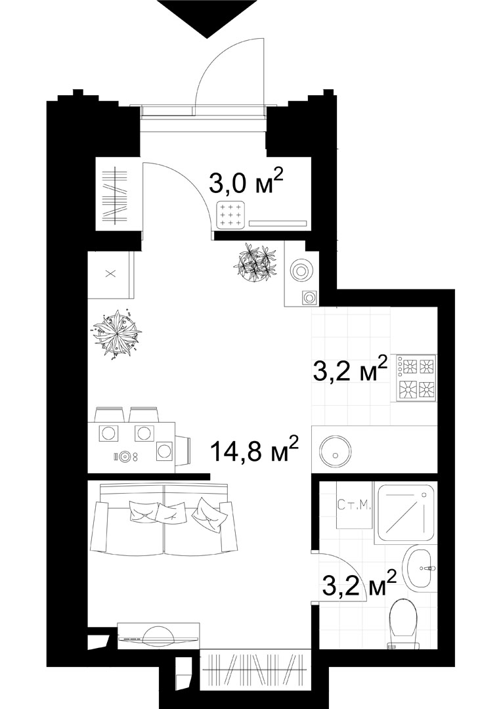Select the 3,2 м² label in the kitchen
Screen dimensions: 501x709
[350, 370]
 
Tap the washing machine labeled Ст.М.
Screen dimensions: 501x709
[355, 504]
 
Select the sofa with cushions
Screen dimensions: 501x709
[163, 519]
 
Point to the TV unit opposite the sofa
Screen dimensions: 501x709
[158, 635]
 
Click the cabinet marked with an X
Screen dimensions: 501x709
[110, 274]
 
